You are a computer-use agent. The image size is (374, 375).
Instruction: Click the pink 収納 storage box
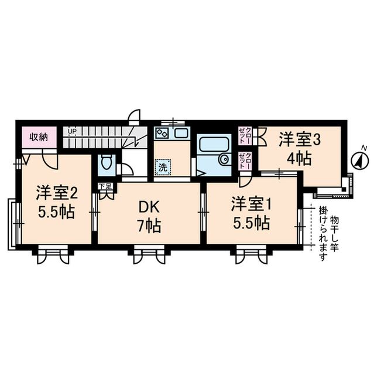pos(40,138)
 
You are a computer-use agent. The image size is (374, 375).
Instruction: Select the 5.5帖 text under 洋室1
pos(251,223)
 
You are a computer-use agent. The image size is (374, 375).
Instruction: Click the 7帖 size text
pos(149,226)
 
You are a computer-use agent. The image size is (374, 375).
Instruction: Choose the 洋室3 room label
pos(299,139)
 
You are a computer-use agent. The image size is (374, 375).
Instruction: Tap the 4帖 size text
pos(299,158)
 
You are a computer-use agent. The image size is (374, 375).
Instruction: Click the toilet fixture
pos(106,163)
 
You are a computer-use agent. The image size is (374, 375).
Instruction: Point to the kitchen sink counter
pos(171,133)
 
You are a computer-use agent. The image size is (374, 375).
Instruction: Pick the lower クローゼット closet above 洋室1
pos(245,160)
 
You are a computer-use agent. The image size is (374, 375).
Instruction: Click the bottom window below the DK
pos(148,254)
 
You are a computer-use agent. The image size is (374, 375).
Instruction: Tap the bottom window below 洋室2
pos(53,254)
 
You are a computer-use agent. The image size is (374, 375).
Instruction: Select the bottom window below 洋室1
pos(251,254)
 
